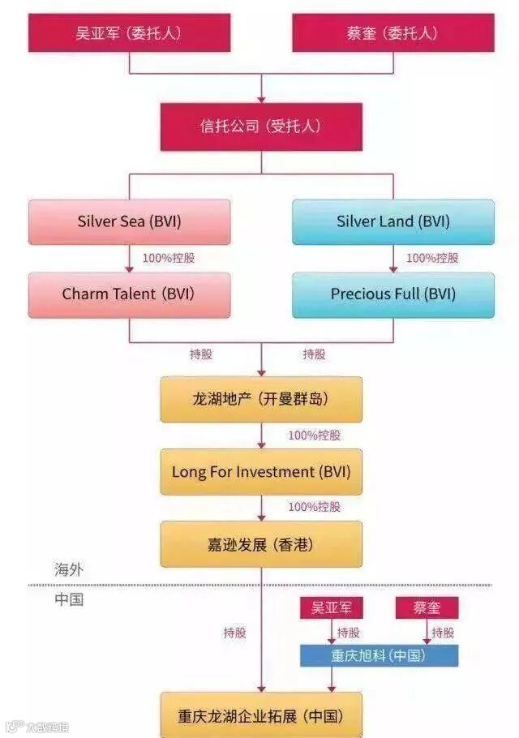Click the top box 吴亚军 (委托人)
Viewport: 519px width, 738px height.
click(130, 33)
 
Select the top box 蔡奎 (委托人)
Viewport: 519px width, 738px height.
click(392, 33)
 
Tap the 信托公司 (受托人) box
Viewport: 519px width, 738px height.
click(261, 127)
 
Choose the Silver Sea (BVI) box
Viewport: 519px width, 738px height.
click(130, 221)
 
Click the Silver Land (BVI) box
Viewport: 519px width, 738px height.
click(392, 221)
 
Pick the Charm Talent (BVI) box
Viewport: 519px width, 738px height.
click(130, 294)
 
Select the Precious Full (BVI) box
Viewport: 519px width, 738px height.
click(392, 294)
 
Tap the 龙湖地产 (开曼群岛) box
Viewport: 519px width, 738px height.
click(261, 399)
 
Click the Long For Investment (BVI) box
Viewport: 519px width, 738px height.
click(261, 471)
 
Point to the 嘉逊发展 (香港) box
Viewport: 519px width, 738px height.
click(261, 543)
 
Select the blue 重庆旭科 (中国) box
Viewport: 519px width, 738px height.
click(379, 655)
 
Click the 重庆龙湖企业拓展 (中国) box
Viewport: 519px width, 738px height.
click(261, 715)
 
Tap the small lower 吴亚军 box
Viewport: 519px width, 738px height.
click(332, 607)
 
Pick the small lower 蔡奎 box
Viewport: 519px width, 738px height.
click(427, 607)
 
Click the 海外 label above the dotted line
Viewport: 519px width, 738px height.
click(69, 570)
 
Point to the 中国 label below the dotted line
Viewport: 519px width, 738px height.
click(69, 599)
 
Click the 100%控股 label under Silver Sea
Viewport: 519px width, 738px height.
click(169, 259)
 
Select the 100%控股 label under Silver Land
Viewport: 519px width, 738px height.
click(432, 259)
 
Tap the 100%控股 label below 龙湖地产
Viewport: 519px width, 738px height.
click(315, 436)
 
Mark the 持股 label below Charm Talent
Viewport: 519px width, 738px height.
click(201, 354)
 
